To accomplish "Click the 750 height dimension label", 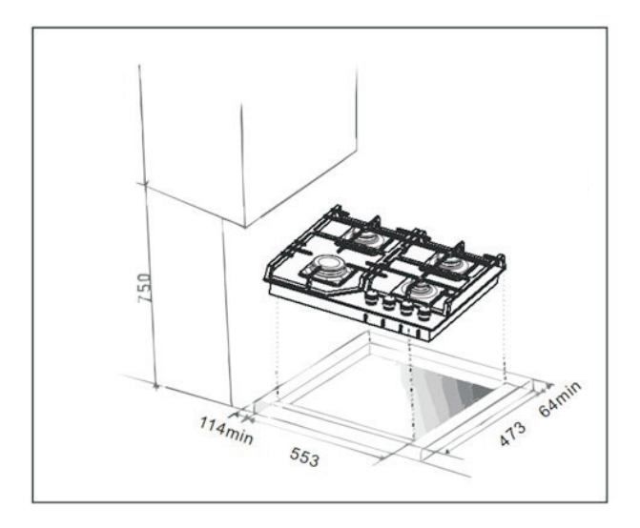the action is [144, 288].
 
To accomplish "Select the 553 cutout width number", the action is [304, 457].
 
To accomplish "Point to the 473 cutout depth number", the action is [512, 434].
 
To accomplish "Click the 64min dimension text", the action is [560, 398].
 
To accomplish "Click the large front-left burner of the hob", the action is [328, 268].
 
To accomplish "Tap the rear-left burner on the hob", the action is [368, 237].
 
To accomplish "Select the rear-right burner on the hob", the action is [453, 263].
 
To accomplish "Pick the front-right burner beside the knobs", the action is [422, 291].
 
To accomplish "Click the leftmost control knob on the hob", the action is [371, 298].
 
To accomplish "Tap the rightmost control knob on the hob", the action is [424, 313].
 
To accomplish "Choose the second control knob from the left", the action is [388, 303].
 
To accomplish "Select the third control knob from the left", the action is [406, 308].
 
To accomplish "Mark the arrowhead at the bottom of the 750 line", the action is [155, 385].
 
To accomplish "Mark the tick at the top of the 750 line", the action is [144, 184].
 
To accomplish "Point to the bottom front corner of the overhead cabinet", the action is [244, 227].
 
